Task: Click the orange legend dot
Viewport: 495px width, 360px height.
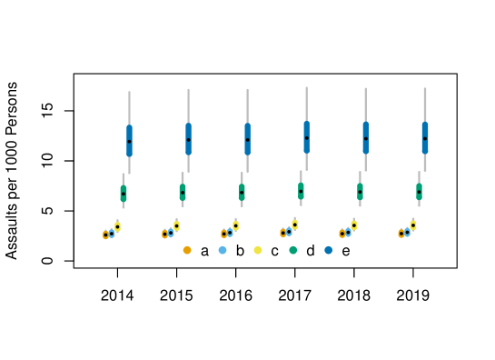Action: pos(187,250)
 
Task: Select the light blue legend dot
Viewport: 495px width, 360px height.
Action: pos(223,250)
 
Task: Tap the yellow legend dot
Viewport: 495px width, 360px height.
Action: pos(258,250)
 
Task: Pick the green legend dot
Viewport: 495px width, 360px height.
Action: pos(293,250)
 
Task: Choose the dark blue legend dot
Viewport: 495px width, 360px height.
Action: pos(329,250)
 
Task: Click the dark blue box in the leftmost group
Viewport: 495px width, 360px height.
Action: pos(129,141)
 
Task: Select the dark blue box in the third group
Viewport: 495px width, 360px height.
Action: pos(247,139)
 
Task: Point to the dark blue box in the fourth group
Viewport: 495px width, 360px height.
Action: pos(306,137)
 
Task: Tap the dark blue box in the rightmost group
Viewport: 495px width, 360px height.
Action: pos(424,137)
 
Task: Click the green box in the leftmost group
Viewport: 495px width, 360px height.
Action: pos(124,194)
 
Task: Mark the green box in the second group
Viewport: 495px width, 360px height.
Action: pos(183,192)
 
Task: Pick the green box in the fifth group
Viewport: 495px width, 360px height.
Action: pos(360,191)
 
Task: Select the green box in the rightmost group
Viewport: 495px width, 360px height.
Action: pos(419,191)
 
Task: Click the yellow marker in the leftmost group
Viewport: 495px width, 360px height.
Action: pos(117,226)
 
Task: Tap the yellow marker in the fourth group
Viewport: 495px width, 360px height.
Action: pos(294,225)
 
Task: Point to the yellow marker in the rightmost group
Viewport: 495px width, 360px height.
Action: pos(412,225)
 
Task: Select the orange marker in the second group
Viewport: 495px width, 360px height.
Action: pos(165,235)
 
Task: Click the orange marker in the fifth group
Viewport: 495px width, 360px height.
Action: pos(342,234)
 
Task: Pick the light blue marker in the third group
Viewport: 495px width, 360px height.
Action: pos(230,232)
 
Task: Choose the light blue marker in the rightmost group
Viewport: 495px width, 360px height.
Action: pos(407,232)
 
